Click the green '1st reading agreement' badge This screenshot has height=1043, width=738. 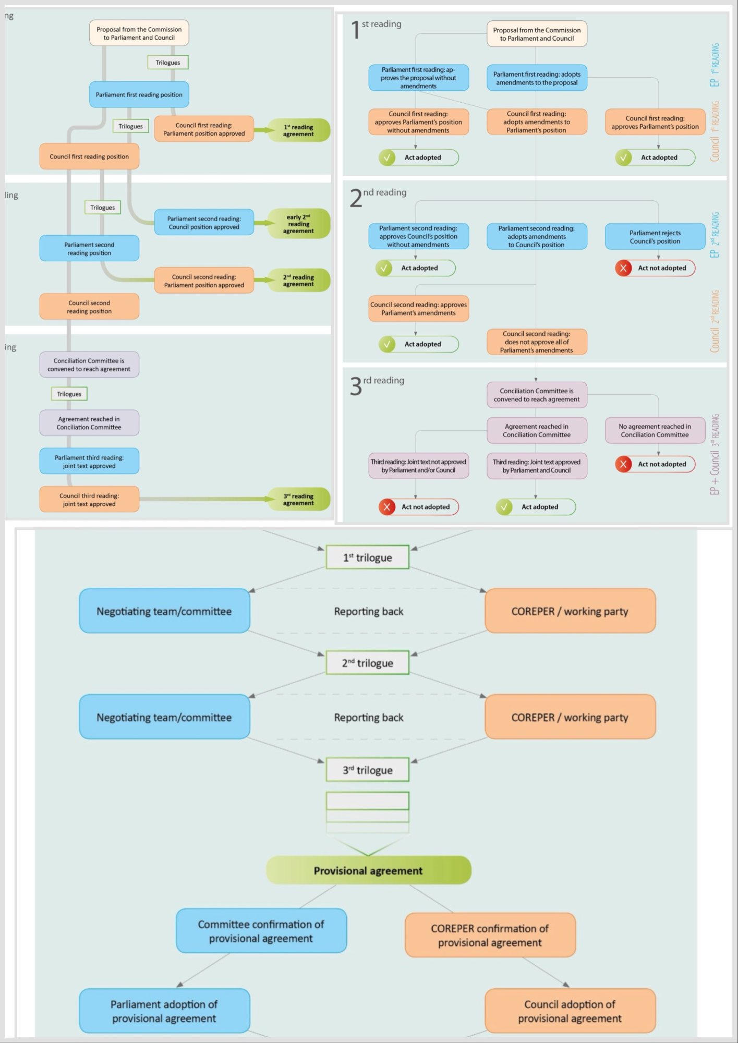[x=298, y=130]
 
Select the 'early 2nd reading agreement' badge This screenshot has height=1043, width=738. [x=298, y=224]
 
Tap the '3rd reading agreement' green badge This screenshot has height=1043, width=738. [x=298, y=500]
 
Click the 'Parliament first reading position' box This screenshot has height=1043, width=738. [x=139, y=95]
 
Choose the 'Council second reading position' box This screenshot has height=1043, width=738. [x=89, y=307]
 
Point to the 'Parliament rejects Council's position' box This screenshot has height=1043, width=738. [x=655, y=237]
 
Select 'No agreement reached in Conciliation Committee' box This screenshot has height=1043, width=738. [x=655, y=430]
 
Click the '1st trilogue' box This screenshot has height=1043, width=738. [x=367, y=557]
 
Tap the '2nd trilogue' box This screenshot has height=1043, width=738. [x=367, y=663]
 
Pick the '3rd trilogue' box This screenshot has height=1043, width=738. [x=367, y=770]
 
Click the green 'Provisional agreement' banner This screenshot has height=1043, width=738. [x=368, y=870]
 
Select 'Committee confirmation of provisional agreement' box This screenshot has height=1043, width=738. [x=261, y=931]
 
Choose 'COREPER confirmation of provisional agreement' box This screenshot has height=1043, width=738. [x=490, y=935]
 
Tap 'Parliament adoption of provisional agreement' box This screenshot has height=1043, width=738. [x=164, y=1011]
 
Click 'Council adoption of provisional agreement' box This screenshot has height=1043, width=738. [x=570, y=1011]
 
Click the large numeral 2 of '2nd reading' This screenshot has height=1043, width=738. [x=356, y=199]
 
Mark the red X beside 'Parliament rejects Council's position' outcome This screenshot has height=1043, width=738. [x=623, y=268]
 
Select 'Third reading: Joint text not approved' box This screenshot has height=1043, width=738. [x=418, y=466]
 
